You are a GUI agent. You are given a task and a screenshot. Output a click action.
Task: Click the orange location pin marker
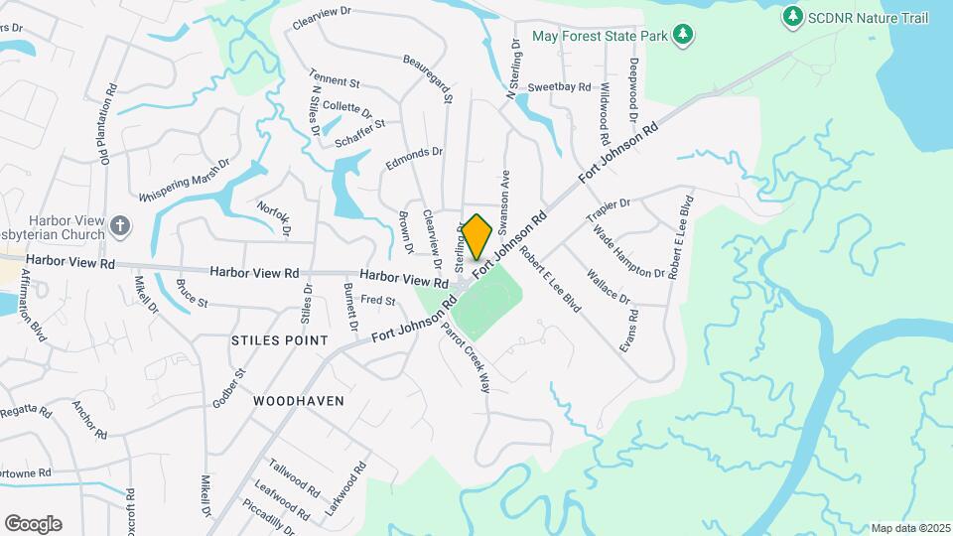point(477,236)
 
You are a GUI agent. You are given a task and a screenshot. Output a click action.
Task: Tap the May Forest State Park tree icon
point(682,36)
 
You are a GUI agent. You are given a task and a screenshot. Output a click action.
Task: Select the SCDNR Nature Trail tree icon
point(792,17)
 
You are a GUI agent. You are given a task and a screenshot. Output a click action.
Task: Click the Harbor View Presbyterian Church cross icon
point(120,225)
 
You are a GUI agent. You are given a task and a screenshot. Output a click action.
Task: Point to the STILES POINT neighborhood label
point(279,340)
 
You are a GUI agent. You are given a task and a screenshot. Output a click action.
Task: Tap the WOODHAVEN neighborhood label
point(298,402)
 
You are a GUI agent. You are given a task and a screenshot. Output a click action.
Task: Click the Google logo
point(33,524)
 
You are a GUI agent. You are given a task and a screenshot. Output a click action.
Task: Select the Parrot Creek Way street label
point(467,357)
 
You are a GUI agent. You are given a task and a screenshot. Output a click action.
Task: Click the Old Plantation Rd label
point(108,124)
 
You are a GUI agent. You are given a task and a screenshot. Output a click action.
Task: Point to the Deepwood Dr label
point(633,90)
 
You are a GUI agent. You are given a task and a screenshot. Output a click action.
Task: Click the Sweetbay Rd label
point(559,87)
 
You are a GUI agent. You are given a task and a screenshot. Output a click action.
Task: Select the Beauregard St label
point(429,79)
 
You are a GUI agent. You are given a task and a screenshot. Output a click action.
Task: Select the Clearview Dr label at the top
point(323,19)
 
